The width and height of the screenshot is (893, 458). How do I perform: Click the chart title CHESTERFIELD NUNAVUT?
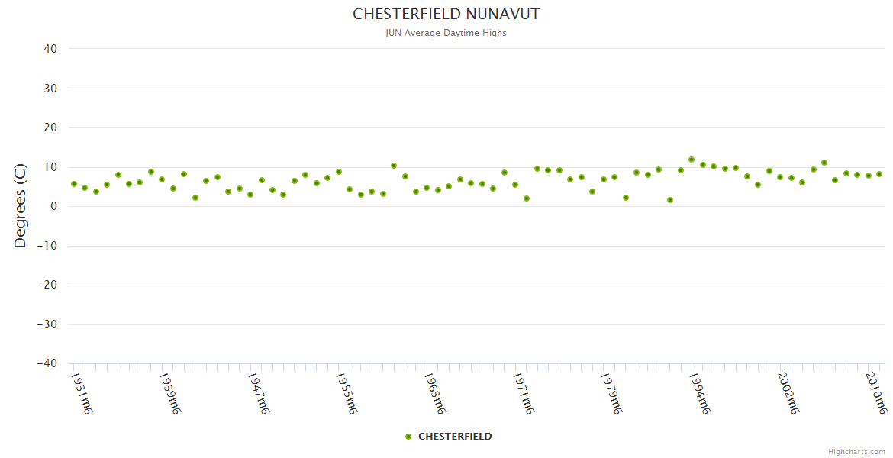point(446,15)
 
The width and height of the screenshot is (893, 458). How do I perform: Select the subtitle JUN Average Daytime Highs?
point(446,33)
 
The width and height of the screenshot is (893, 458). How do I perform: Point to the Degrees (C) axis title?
point(21,206)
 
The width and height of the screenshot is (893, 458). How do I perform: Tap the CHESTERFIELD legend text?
point(455,437)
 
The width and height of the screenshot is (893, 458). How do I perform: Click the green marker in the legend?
point(408,437)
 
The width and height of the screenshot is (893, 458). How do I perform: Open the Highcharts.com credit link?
point(856,452)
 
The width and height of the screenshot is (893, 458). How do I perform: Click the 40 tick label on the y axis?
point(50,49)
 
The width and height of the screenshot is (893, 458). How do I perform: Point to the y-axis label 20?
point(50,127)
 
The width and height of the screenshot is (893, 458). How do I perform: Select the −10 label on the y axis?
point(47,246)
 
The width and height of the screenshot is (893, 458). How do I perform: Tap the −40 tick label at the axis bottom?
point(47,364)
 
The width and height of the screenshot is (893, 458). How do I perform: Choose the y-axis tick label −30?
point(47,324)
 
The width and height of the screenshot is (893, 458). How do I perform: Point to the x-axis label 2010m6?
point(876,393)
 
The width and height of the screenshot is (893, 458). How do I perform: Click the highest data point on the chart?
point(692,160)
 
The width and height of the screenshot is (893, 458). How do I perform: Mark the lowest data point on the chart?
point(669,200)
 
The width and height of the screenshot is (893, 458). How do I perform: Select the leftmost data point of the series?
point(74,184)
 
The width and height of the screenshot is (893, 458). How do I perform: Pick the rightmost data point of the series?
point(879,174)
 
